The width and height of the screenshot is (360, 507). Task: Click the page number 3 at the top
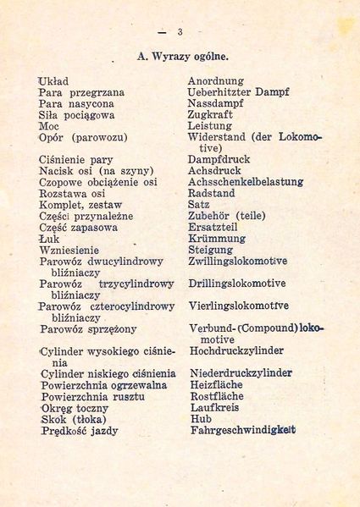click(180, 32)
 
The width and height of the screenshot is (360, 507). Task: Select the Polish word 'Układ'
click(53, 81)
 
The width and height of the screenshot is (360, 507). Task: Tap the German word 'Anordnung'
click(215, 81)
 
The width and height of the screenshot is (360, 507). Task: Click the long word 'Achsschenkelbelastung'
click(245, 181)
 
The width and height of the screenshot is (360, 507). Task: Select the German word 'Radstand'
click(212, 193)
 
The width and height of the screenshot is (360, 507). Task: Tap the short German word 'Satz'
click(199, 204)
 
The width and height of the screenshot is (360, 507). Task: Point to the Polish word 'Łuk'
click(50, 239)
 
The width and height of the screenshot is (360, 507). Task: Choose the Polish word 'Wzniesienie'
click(69, 251)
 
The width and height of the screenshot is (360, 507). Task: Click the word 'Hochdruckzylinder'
click(236, 350)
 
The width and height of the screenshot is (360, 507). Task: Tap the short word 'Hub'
click(201, 418)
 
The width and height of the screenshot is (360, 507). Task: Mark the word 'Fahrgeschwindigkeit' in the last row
click(243, 430)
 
